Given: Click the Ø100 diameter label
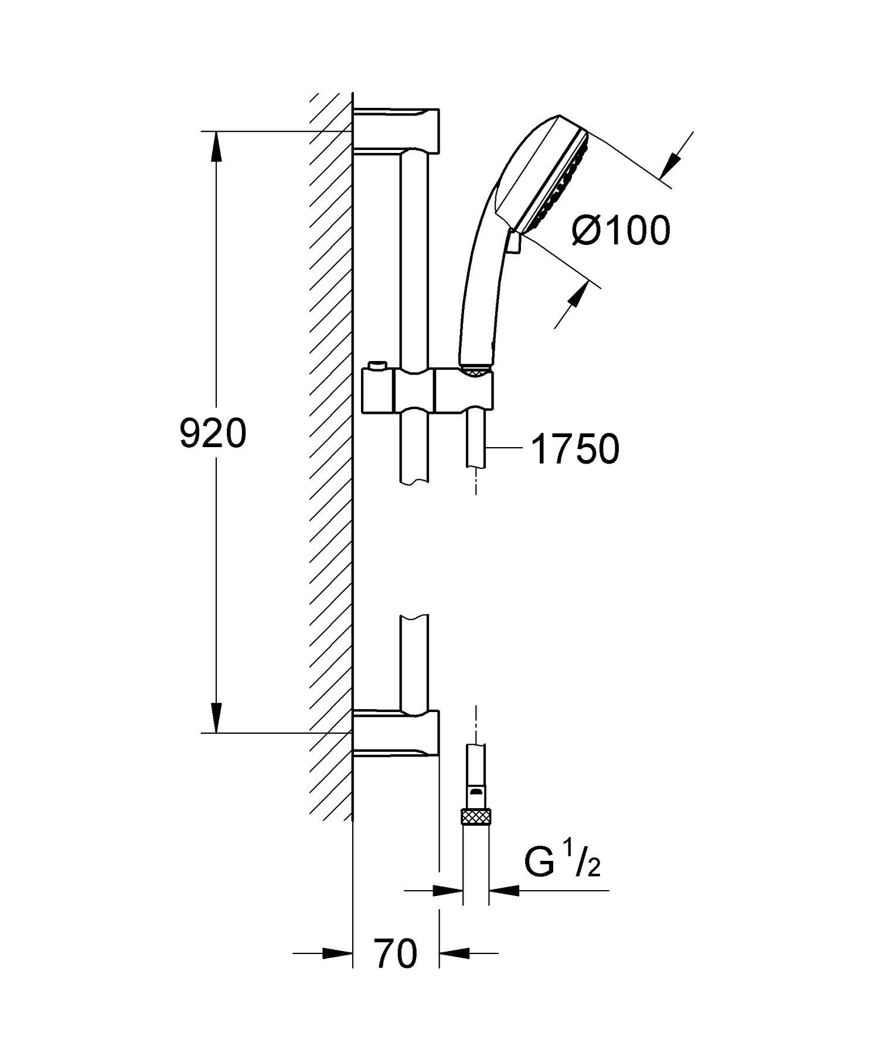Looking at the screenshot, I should coord(620,230).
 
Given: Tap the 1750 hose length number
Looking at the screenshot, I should coord(575,449).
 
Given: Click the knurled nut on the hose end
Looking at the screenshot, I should coord(476,816).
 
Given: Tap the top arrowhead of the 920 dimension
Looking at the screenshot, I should coord(217,147).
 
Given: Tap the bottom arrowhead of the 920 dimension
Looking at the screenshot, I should coord(217,718).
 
